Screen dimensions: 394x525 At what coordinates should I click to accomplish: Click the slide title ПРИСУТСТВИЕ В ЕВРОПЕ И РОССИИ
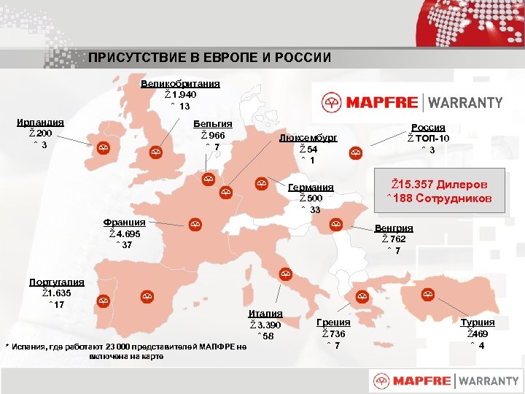point(210,58)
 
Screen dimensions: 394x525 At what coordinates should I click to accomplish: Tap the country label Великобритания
point(180,84)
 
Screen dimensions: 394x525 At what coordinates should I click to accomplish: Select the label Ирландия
point(40,123)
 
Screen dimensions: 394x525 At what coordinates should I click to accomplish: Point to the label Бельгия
point(212,125)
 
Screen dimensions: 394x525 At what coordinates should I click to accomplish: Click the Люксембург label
point(309,138)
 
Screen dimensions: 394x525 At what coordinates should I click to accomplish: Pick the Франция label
point(124,222)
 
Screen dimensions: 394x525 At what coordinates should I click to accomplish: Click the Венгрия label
point(393,228)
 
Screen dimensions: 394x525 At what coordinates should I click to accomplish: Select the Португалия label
point(56,282)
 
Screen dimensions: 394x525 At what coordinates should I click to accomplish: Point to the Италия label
point(265,314)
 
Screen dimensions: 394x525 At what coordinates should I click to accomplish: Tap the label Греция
point(333,322)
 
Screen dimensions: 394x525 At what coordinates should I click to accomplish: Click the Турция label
point(478,322)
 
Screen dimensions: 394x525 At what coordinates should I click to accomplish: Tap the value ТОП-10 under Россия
point(431,139)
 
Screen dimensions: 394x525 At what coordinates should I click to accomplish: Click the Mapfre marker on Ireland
point(104,148)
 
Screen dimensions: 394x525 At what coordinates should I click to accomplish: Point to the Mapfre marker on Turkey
point(427,295)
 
